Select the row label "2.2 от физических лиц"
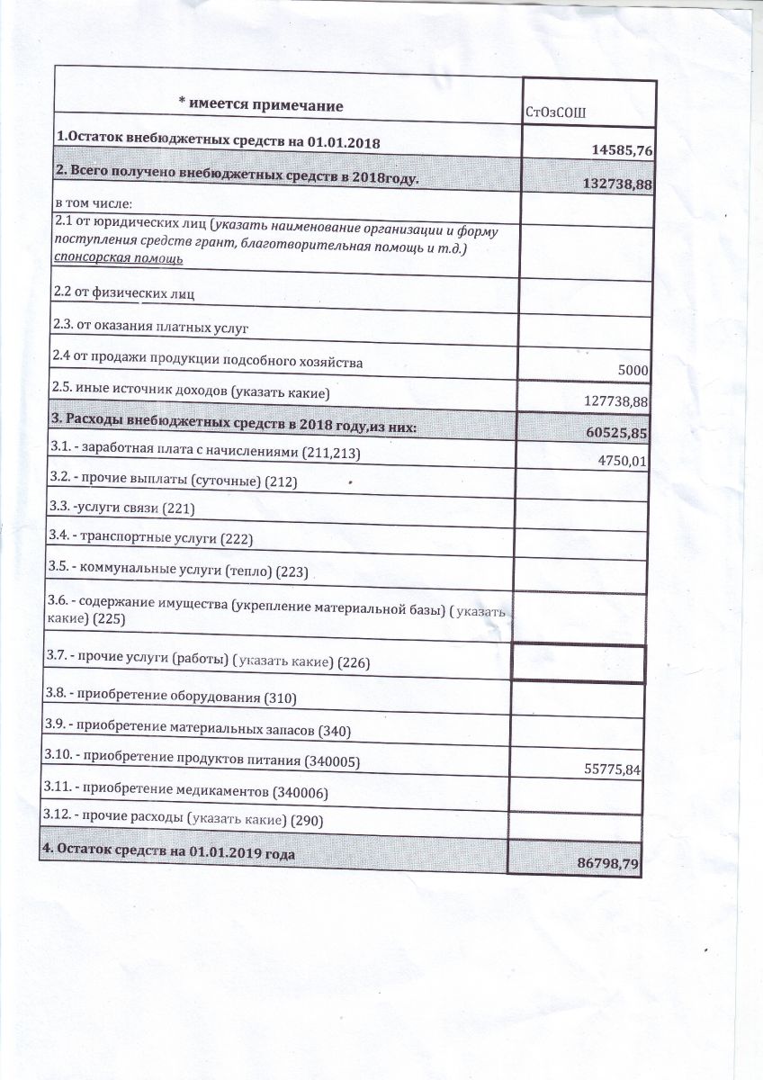(x=124, y=293)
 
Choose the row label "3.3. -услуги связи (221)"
(x=121, y=508)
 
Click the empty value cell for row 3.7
(x=577, y=664)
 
